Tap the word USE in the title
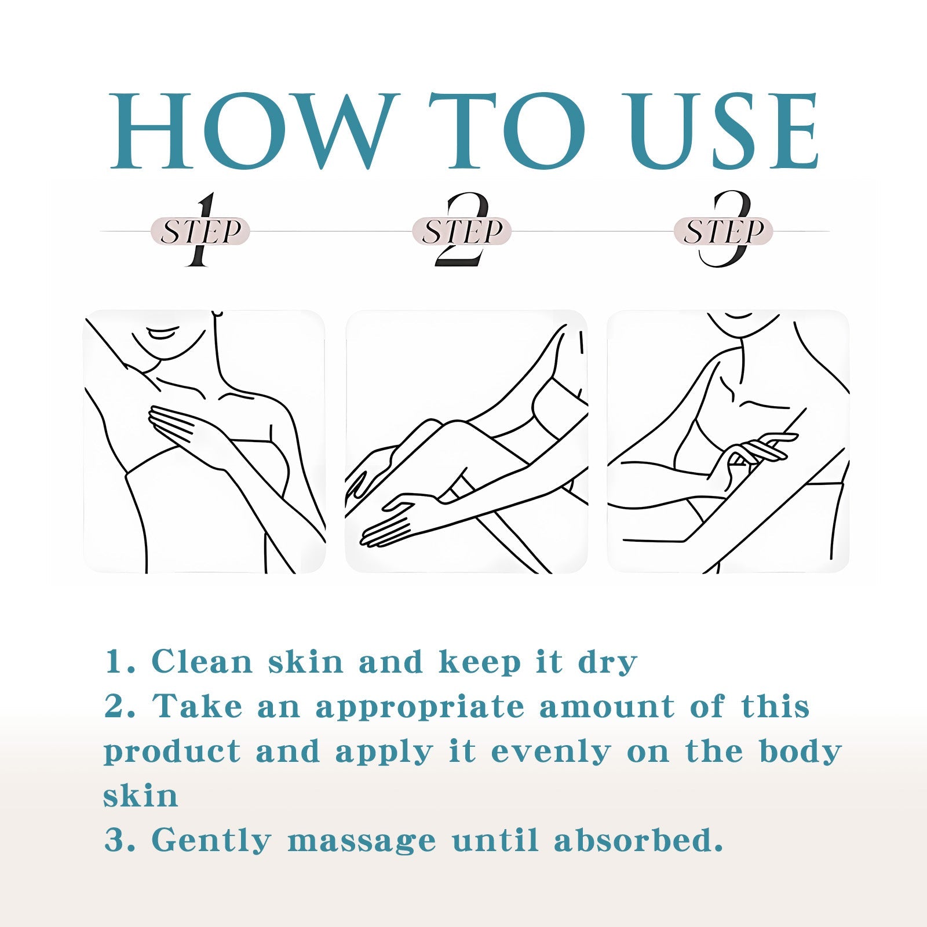click(x=724, y=130)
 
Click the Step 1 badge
click(x=200, y=231)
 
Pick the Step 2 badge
click(x=462, y=231)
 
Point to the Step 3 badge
click(x=723, y=231)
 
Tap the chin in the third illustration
click(x=739, y=324)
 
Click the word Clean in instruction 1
click(x=202, y=662)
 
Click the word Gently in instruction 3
click(x=211, y=841)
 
